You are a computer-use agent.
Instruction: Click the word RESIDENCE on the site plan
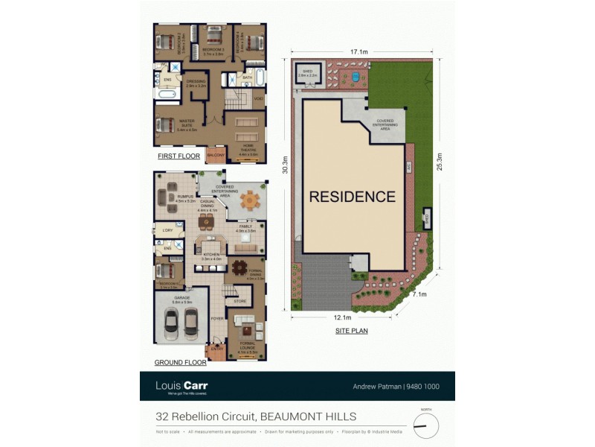[353, 197]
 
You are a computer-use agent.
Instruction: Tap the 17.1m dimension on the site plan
[360, 52]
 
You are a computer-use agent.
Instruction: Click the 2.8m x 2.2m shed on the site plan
[307, 74]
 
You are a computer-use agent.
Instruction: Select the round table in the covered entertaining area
[251, 200]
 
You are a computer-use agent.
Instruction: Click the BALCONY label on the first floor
[216, 155]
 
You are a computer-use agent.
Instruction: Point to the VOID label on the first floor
[258, 98]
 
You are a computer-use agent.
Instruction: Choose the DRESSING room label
[196, 83]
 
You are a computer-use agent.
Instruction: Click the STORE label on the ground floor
[239, 302]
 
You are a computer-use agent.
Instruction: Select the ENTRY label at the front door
[216, 349]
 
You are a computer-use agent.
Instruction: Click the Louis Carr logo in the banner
[181, 386]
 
